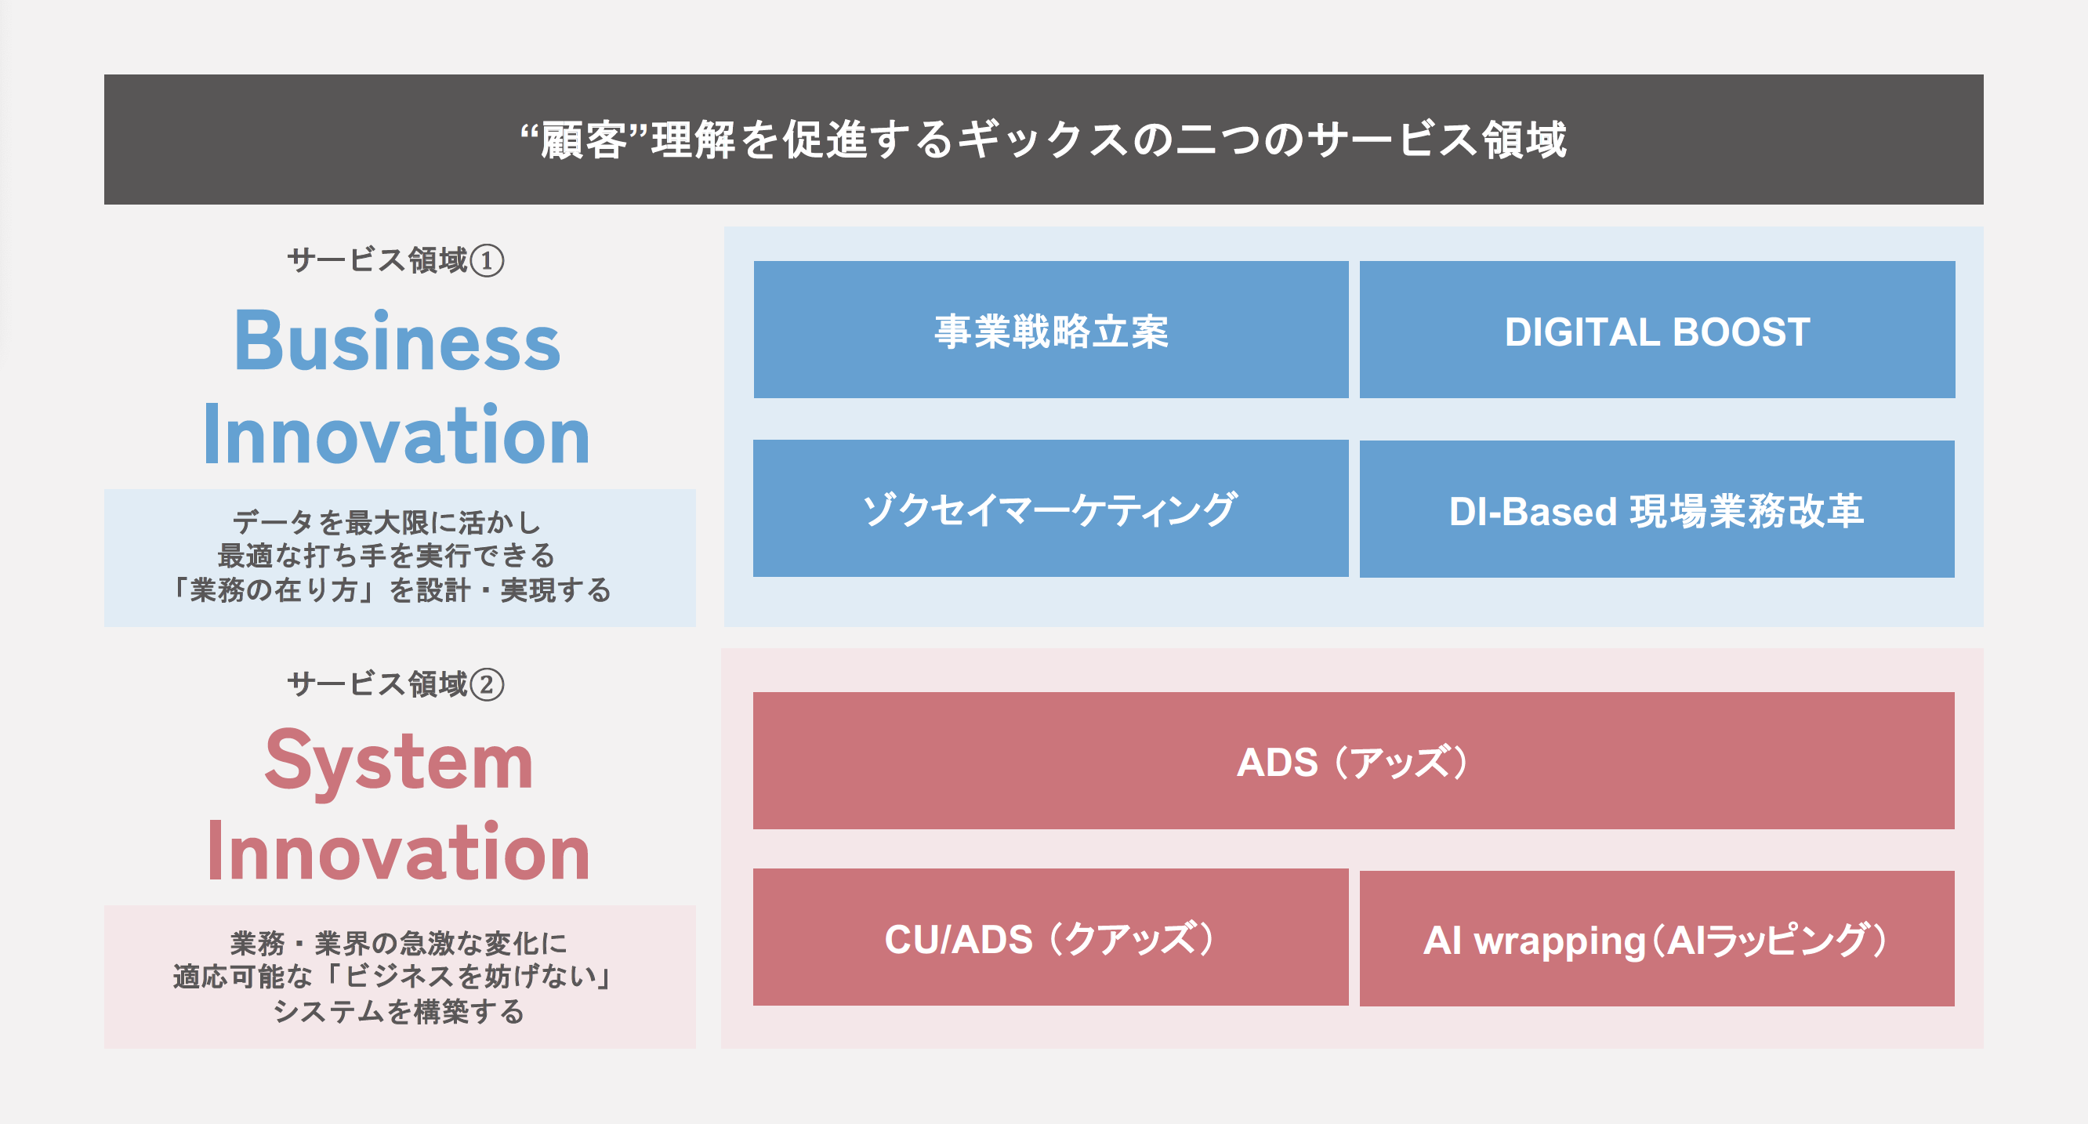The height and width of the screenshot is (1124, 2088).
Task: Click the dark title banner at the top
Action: (x=1043, y=140)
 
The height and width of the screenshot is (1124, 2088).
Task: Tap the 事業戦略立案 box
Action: (x=1050, y=330)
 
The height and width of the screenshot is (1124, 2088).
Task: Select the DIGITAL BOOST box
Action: (x=1657, y=330)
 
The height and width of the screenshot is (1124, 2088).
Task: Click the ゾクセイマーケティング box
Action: (x=1050, y=509)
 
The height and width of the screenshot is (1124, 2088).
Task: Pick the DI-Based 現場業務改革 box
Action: (x=1657, y=509)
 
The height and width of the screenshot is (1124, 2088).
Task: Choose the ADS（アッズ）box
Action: (x=1353, y=760)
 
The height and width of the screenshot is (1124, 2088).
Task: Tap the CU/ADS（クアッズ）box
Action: (x=1050, y=937)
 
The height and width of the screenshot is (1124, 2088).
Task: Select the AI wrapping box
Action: (x=1657, y=939)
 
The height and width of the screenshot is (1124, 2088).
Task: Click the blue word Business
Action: (x=397, y=342)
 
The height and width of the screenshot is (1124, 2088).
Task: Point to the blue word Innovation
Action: (x=397, y=435)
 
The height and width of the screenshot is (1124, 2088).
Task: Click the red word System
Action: (x=399, y=761)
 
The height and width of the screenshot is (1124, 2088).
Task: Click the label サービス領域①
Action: (x=395, y=261)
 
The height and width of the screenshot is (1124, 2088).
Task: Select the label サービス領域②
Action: (x=395, y=685)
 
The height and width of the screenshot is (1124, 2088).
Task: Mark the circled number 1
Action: (x=488, y=262)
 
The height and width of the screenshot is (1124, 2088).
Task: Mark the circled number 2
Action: (x=488, y=686)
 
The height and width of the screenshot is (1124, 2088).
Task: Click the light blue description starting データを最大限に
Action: (x=399, y=557)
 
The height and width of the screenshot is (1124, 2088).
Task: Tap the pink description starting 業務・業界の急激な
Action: (x=399, y=977)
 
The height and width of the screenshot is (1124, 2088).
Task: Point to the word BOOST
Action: (x=1740, y=332)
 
